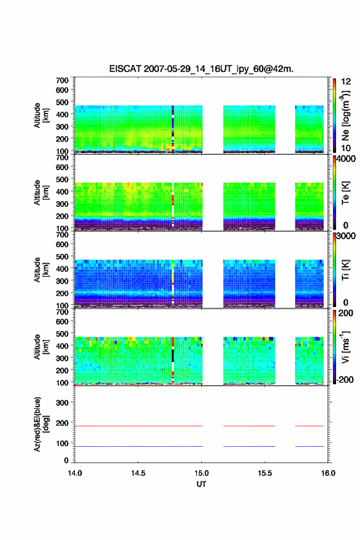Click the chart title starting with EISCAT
pos(201,69)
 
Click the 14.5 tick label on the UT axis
pos(138,473)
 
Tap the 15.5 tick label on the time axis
pos(265,473)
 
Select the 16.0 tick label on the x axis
pos(328,473)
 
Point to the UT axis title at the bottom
pos(201,484)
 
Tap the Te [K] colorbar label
pos(345,193)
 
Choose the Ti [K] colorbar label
pos(345,270)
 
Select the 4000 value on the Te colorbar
pos(346,159)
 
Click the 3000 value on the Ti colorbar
pos(346,236)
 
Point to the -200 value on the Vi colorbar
pos(345,379)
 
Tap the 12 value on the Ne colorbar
pos(346,82)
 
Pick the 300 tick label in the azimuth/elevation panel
pos(62,403)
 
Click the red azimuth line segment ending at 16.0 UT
pos(309,426)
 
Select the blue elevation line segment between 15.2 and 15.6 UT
pos(249,446)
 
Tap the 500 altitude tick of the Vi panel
pos(62,334)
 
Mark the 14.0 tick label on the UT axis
pos(75,473)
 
